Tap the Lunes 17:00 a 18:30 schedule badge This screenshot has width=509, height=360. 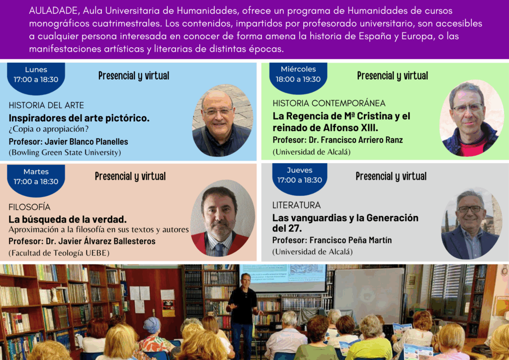pos(36,78)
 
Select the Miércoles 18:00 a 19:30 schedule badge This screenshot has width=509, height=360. pos(298,78)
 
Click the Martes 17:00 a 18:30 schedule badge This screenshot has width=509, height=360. pos(36,180)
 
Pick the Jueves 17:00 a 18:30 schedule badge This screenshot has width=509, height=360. pos(300,179)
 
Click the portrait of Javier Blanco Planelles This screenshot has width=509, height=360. pos(223,120)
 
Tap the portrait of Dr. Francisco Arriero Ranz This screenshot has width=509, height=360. pos(471,118)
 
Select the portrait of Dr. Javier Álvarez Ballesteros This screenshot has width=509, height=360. pos(223,218)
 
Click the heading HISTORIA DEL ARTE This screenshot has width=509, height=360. pos(46,105)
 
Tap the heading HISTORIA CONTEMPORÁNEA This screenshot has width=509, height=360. pos(329,103)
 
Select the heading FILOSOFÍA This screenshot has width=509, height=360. pos(29,207)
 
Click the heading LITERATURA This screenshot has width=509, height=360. pos(296,205)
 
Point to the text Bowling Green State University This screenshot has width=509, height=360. pos(65,153)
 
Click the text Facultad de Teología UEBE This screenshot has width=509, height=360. pos(59,253)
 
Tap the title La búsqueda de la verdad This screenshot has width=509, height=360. pos(68,219)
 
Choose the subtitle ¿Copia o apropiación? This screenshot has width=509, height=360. pos(49,129)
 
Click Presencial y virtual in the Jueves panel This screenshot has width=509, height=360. pos(391,176)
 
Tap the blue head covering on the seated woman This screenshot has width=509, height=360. pos(152,325)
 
